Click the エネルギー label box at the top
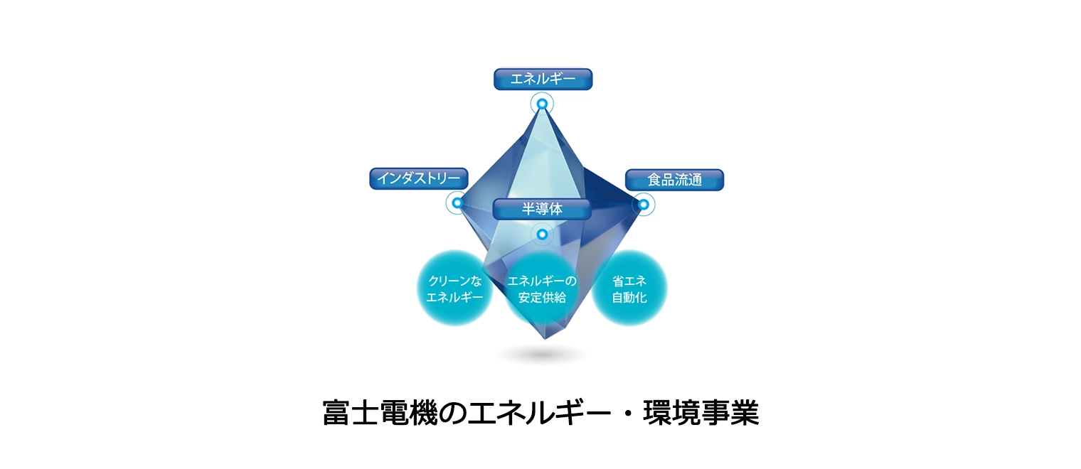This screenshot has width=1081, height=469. (x=543, y=79)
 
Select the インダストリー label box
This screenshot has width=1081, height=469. (x=418, y=178)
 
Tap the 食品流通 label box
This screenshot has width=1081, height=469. (x=674, y=180)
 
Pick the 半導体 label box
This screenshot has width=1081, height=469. (x=542, y=209)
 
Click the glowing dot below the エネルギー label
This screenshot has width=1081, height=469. (x=542, y=104)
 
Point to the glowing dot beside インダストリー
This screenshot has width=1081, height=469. (x=457, y=203)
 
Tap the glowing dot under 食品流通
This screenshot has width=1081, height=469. (x=644, y=205)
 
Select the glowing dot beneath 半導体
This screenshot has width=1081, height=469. (x=542, y=234)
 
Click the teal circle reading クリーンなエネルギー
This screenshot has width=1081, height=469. (x=454, y=289)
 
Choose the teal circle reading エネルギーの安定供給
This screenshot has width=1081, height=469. (x=542, y=289)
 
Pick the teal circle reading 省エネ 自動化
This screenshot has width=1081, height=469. (x=629, y=289)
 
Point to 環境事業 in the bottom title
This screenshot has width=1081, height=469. (x=701, y=413)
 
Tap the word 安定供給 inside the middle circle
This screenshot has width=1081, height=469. (x=542, y=298)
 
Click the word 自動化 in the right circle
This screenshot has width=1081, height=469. (x=629, y=298)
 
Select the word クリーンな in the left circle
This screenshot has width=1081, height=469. (x=455, y=281)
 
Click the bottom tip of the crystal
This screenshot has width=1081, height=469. (x=545, y=340)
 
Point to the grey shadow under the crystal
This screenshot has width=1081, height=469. (x=543, y=355)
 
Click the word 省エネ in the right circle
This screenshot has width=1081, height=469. (x=629, y=281)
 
